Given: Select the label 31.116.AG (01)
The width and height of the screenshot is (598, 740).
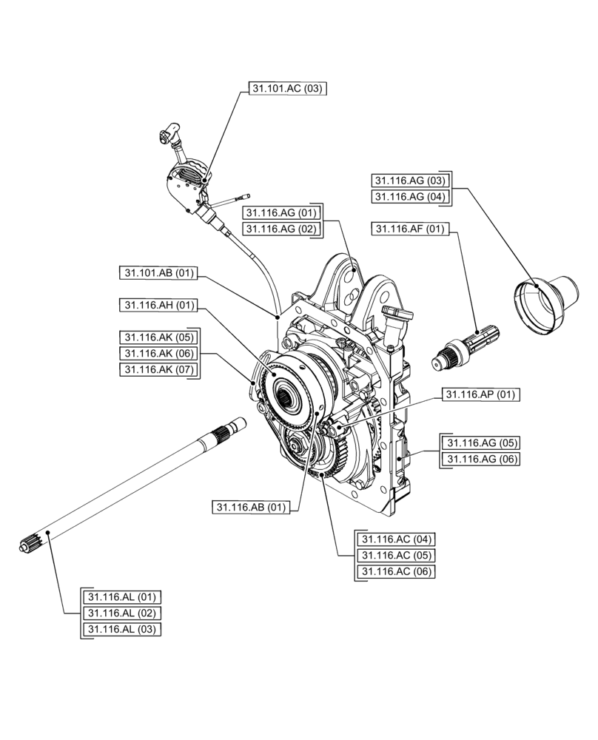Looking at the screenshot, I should [x=282, y=213].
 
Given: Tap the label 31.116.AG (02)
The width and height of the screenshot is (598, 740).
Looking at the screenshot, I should [x=282, y=229].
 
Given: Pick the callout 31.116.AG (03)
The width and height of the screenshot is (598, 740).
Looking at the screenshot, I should [x=410, y=181].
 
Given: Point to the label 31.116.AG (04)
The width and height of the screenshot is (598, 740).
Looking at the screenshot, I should [x=410, y=197].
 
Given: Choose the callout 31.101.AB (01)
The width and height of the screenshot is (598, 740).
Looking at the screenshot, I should [x=157, y=273].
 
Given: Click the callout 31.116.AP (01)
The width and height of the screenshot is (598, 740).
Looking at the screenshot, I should [x=480, y=394].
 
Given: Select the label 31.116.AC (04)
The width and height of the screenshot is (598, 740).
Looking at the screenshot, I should [x=396, y=539].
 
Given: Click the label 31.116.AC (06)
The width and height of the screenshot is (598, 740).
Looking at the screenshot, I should [x=396, y=572].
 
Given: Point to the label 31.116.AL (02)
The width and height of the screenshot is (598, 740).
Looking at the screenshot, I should [x=123, y=613].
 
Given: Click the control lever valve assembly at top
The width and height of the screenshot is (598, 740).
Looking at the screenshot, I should [x=187, y=182].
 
